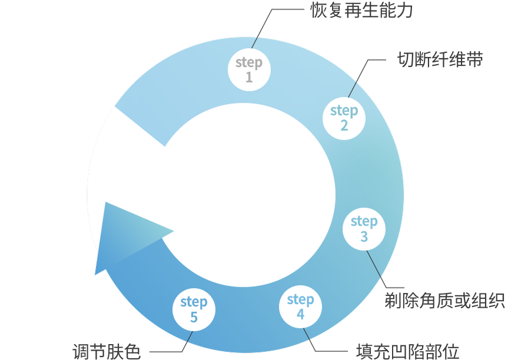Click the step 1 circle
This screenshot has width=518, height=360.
pyautogui.click(x=249, y=69)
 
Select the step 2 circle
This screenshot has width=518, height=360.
pyautogui.click(x=344, y=118)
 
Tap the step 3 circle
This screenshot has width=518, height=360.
pyautogui.click(x=364, y=229)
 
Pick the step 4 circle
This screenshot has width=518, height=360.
pyautogui.click(x=300, y=306)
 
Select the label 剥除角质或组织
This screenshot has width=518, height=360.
pyautogui.click(x=445, y=300)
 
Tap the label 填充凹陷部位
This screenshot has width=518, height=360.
pyautogui.click(x=407, y=351)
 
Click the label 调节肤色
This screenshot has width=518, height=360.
pyautogui.click(x=107, y=351)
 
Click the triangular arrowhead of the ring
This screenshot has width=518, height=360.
pyautogui.click(x=124, y=235)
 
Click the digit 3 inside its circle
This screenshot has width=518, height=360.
pyautogui.click(x=364, y=236)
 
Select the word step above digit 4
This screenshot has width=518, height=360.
pyautogui.click(x=300, y=299)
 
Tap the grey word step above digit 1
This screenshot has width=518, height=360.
pyautogui.click(x=249, y=62)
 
